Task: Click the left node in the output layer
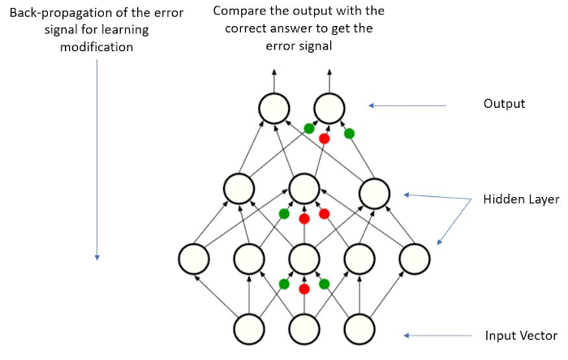point(274,108)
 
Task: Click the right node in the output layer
point(329,108)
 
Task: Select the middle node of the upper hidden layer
point(303,188)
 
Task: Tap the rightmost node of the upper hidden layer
point(374,192)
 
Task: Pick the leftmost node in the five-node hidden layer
point(195,259)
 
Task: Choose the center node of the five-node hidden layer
point(303,259)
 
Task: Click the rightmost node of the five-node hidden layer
point(413,259)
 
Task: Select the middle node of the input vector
point(303,328)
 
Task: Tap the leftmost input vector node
point(249,328)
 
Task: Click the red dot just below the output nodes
point(325,139)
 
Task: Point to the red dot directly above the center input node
point(304,289)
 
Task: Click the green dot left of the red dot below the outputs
point(309,128)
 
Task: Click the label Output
point(504,104)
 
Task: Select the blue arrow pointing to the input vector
point(438,336)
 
